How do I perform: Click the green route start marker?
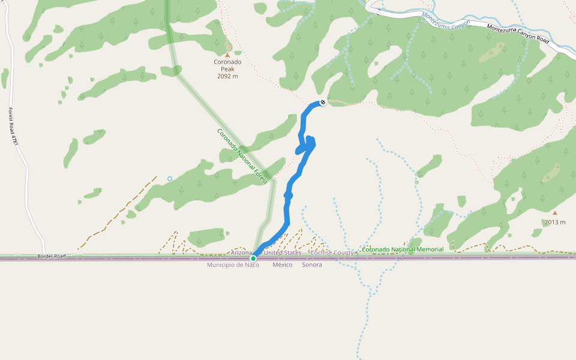tap(253, 259)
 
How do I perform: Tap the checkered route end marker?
tap(323, 103)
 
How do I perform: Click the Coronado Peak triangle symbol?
tap(227, 55)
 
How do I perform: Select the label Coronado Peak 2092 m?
tap(227, 68)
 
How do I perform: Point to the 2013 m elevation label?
tap(555, 222)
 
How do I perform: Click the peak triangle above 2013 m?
tap(555, 212)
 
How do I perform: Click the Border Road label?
tap(51, 256)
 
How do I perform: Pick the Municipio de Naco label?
tap(233, 265)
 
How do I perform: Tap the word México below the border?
tap(283, 265)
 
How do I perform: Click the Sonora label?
tap(312, 265)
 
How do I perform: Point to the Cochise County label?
tap(332, 253)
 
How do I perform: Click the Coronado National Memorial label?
tap(403, 249)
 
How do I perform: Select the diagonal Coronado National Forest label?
tap(242, 156)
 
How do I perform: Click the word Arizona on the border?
tap(242, 253)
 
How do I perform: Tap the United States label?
tap(283, 253)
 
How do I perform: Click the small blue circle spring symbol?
tap(170, 179)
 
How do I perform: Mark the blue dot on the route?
tap(288, 196)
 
